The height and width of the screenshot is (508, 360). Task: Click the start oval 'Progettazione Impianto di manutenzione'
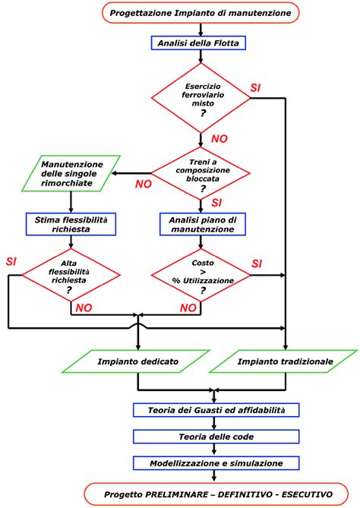[201, 13]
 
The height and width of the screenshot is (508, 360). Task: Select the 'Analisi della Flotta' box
[201, 43]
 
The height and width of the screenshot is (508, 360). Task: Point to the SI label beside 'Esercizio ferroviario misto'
[256, 88]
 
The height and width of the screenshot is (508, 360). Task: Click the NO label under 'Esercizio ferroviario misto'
[219, 139]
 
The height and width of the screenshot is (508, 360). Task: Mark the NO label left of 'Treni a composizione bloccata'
[143, 184]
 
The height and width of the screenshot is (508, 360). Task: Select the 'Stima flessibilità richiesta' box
[71, 223]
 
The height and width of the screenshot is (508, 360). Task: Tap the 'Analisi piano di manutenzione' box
[201, 223]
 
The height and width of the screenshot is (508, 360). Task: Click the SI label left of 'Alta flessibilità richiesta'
[11, 261]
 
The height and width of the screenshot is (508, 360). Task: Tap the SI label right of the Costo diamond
[257, 263]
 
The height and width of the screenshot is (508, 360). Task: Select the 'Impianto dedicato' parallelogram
[137, 361]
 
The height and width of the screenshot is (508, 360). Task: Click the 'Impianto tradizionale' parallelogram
[284, 361]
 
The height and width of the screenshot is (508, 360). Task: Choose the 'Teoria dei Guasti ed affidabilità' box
[215, 410]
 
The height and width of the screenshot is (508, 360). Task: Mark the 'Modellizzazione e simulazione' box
[215, 462]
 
